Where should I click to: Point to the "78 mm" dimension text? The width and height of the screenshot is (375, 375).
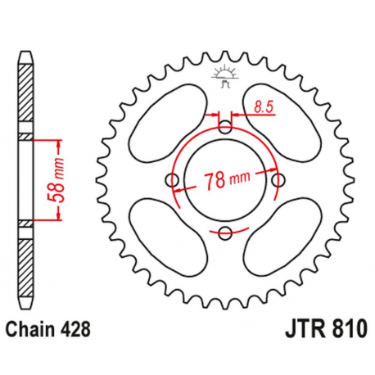227,181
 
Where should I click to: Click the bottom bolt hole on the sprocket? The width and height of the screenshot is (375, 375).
224,233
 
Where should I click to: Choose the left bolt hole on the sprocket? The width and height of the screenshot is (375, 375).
170,179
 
